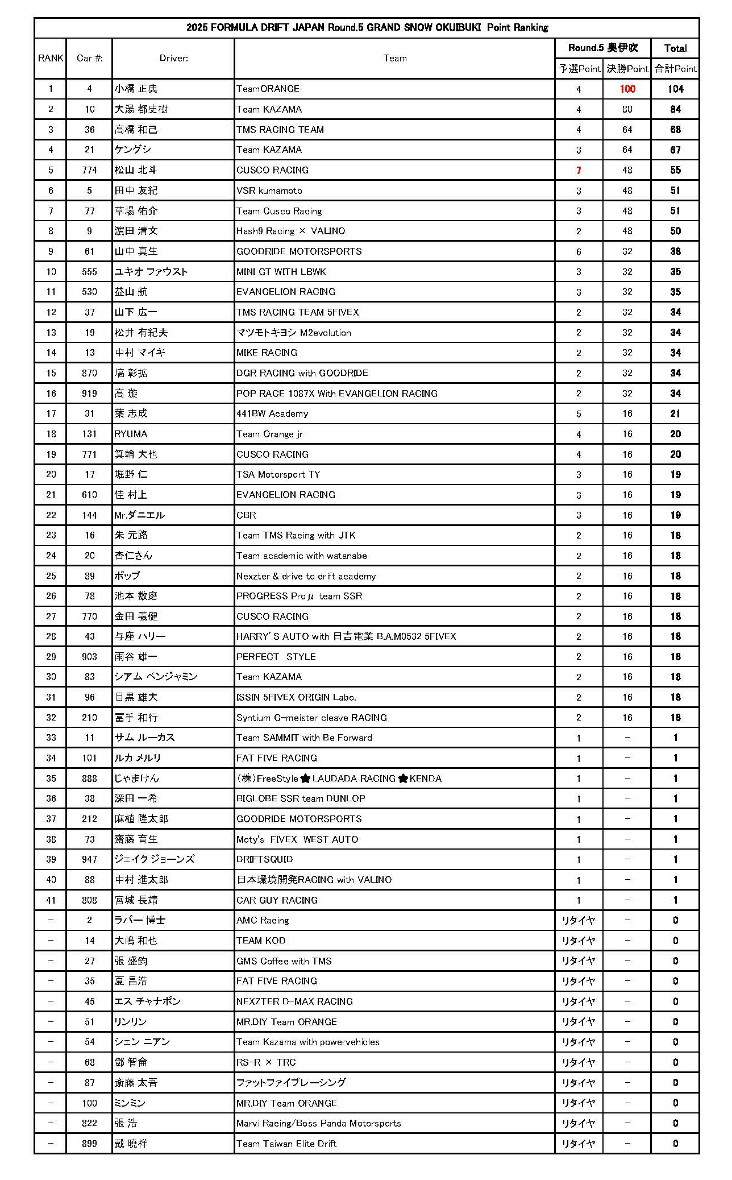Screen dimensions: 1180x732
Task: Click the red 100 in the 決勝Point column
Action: [x=627, y=89]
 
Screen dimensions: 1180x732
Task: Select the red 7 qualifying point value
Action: [x=579, y=170]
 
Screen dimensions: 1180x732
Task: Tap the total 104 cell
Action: [x=675, y=89]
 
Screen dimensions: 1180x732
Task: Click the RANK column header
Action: [x=51, y=58]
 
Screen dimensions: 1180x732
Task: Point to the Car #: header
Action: [x=90, y=58]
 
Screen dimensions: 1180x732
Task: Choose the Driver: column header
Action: [x=173, y=58]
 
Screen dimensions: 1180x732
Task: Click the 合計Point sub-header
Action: [x=675, y=69]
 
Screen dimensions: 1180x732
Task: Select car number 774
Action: [x=90, y=170]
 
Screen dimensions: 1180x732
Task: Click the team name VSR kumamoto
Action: [x=269, y=191]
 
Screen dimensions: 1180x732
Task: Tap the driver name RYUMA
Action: [x=131, y=434]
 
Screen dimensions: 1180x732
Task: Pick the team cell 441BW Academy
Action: [x=272, y=413]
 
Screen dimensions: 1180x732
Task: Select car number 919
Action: [x=90, y=394]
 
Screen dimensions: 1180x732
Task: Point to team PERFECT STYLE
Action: [x=276, y=657]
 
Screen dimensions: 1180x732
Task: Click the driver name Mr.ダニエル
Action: [x=140, y=515]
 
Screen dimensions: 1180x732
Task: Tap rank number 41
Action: [x=51, y=900]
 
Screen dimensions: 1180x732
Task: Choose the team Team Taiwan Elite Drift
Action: [x=286, y=1144]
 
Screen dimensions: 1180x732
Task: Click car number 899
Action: [x=90, y=1144]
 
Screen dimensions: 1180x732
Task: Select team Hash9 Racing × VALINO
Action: [x=290, y=231]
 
